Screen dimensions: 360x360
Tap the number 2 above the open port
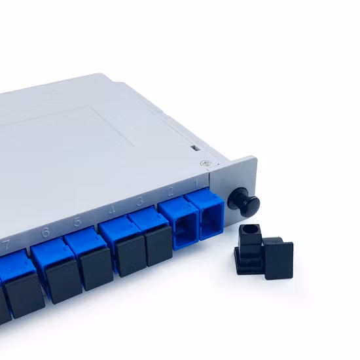pyautogui.click(x=171, y=191)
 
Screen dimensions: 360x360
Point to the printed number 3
pyautogui.click(x=140, y=201)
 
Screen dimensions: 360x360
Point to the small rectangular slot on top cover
pyautogui.click(x=194, y=149)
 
